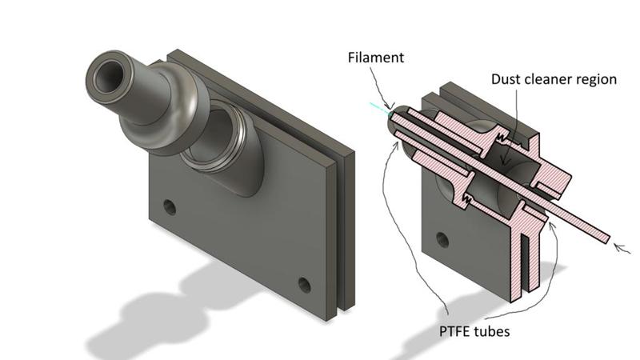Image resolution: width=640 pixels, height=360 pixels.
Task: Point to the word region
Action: click(598, 79)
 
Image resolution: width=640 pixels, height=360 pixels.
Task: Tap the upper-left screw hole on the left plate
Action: click(169, 207)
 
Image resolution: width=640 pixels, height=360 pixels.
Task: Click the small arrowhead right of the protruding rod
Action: click(617, 247)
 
